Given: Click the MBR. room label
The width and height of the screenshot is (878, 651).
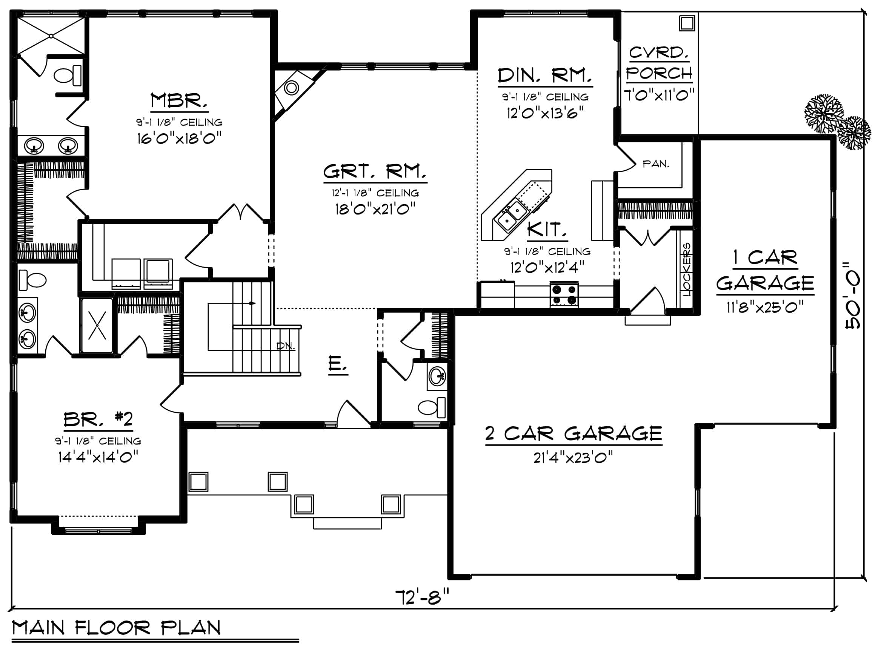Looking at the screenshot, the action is (179, 100).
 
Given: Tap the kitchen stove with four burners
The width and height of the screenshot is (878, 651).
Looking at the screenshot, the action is (564, 295).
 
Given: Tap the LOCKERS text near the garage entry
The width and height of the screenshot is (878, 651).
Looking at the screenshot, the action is (686, 269).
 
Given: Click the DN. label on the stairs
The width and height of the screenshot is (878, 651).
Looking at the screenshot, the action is (286, 346).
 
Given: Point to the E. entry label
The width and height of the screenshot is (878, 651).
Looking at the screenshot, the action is (338, 363).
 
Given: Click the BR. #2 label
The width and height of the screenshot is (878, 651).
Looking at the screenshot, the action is (98, 419).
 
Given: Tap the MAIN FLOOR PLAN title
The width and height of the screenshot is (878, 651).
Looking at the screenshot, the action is (117, 628).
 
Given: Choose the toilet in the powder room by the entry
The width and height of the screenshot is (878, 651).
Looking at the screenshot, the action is (432, 407).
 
